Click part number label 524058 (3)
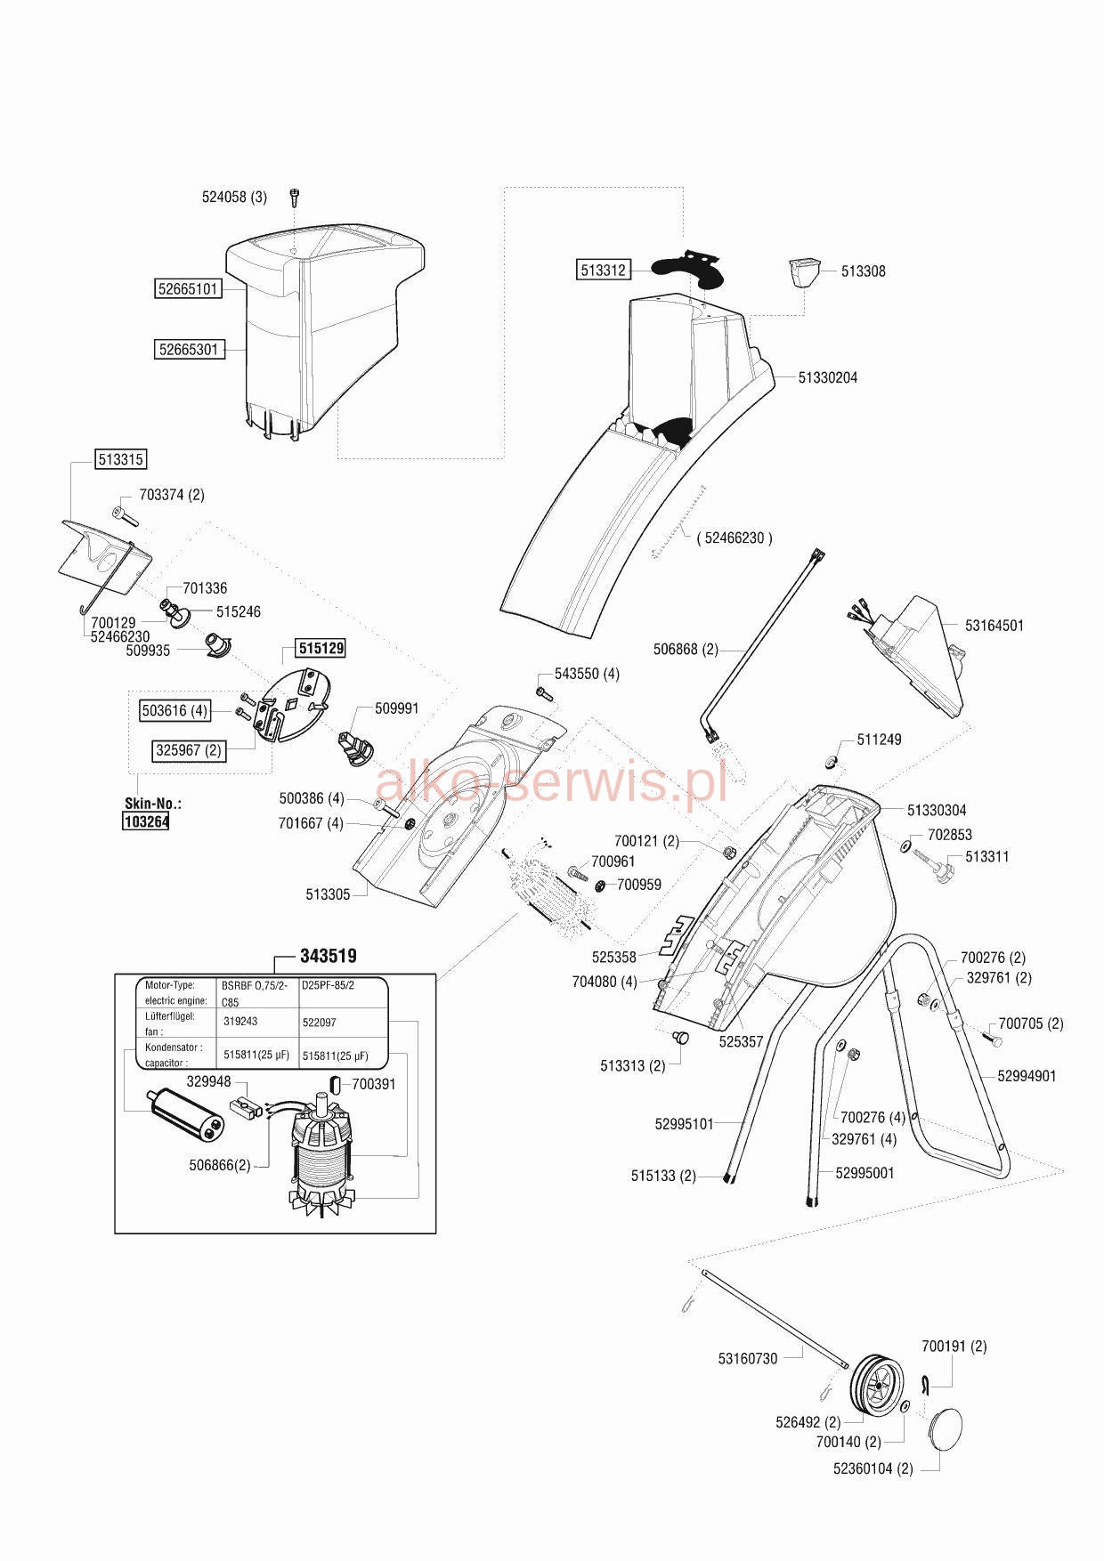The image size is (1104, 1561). [234, 198]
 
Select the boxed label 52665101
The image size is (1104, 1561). [188, 289]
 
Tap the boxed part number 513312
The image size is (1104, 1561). [604, 270]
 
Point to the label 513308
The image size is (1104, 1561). [863, 271]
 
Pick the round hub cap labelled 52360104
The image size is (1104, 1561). [946, 1432]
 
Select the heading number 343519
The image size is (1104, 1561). [329, 956]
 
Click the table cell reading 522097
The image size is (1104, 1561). [320, 1023]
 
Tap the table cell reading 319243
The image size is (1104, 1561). [240, 1022]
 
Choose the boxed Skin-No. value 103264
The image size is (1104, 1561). [146, 821]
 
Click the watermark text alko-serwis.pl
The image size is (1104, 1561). [552, 780]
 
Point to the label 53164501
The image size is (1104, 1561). [994, 626]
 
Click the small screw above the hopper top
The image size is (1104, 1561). [294, 197]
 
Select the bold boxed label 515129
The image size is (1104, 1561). [321, 648]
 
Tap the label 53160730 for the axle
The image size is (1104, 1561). [748, 1359]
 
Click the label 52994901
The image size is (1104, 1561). [1027, 1076]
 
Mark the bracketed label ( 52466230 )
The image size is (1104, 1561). [735, 538]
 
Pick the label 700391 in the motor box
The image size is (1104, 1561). [374, 1084]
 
